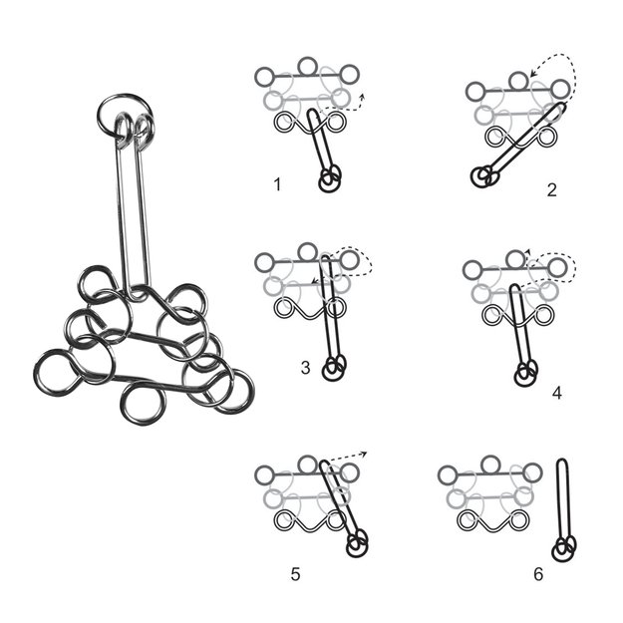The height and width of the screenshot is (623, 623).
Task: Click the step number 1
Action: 277,184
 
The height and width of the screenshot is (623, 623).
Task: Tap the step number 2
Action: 551,189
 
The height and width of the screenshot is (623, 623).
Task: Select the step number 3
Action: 304,368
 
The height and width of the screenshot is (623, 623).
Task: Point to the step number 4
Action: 556,393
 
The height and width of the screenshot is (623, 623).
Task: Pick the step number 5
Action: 295,573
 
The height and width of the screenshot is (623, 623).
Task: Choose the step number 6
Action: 538,574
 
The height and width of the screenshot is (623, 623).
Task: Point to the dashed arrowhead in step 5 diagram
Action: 364,455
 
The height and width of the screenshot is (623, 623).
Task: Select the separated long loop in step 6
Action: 562,498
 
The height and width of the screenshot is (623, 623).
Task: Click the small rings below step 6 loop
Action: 564,546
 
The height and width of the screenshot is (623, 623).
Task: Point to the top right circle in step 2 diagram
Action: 559,90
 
